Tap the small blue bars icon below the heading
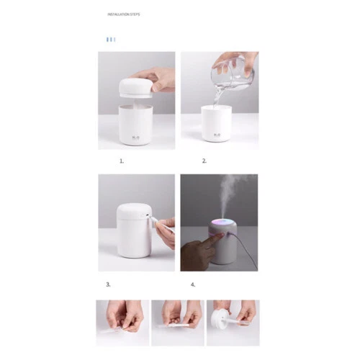[x=111, y=39]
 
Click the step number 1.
[x=122, y=161]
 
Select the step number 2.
[x=204, y=161]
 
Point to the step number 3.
[x=109, y=284]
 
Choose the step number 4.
[x=193, y=284]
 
